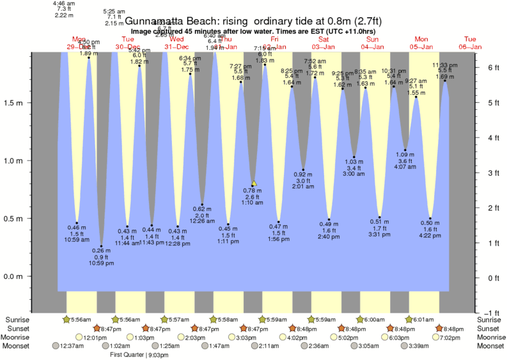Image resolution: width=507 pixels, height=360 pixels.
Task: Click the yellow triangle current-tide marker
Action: [254, 183]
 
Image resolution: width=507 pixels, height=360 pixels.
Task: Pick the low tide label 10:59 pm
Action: [101, 263]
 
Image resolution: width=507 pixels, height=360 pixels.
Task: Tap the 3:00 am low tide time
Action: [354, 174]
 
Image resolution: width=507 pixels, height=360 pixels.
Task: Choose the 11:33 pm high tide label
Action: [444, 65]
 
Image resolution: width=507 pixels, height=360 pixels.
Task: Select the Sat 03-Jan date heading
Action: [324, 43]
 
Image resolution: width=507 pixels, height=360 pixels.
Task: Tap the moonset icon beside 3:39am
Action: [404, 346]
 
